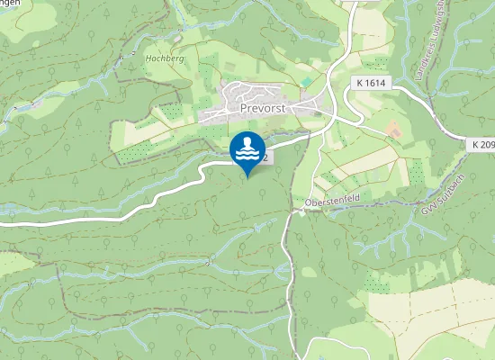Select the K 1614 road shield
tap(370, 82)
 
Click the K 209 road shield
tap(483, 144)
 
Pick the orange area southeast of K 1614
tap(393, 130)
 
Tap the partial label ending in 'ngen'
tap(10, 4)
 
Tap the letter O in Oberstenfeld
tap(309, 202)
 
